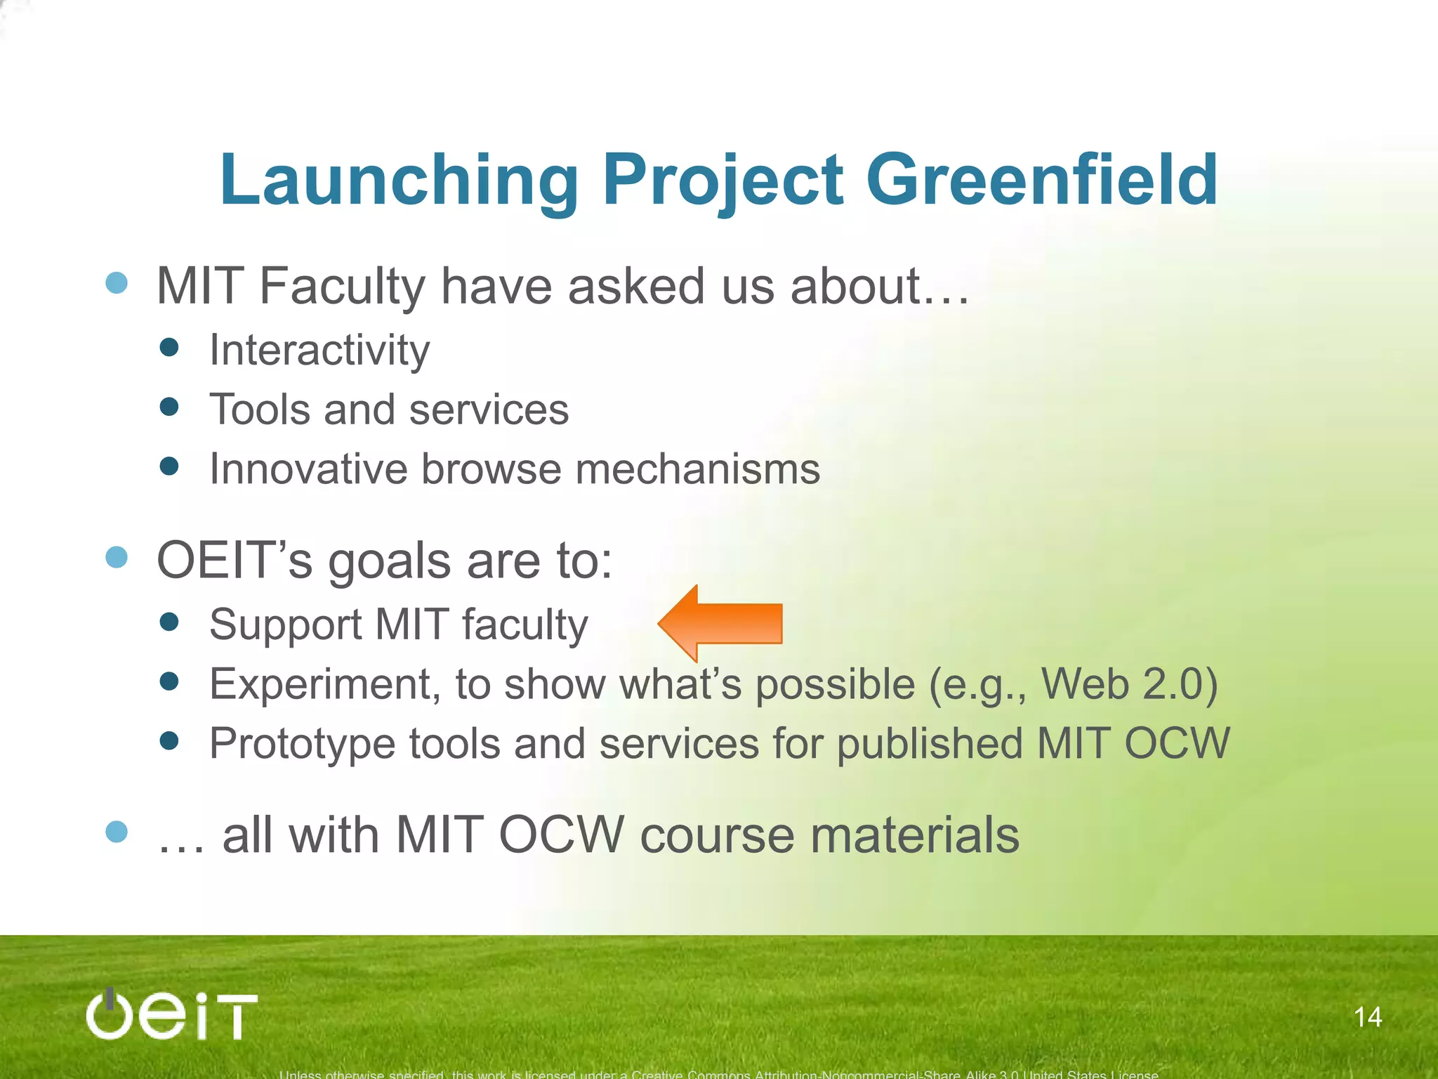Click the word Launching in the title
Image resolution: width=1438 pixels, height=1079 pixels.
(399, 181)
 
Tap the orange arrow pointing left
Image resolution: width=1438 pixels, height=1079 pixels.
(720, 624)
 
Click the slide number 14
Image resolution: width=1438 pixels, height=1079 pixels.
(1367, 1016)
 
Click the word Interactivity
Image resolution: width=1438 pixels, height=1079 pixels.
(319, 350)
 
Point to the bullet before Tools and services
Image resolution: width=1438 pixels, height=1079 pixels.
(169, 407)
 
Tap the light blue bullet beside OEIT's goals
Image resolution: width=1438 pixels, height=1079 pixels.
(117, 557)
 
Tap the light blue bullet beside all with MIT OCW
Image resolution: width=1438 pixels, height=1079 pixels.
(117, 832)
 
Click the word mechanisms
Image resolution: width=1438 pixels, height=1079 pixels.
(697, 469)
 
